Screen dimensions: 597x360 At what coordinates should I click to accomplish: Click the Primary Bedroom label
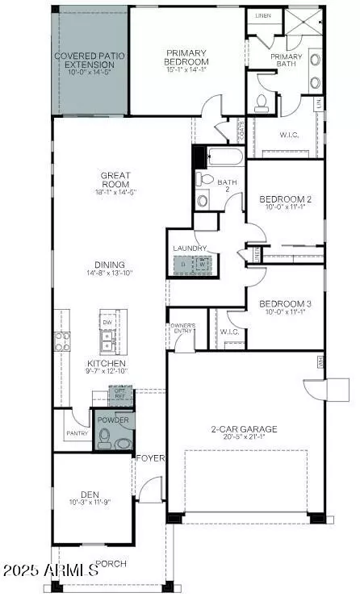point(186,56)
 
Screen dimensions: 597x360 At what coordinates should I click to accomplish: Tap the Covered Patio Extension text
point(90,61)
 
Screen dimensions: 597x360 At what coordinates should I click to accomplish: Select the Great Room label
point(116,180)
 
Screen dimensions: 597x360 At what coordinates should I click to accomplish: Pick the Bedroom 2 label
point(285,199)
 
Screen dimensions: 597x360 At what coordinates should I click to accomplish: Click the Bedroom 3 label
point(285,303)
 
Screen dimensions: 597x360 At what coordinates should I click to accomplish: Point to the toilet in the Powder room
point(104,438)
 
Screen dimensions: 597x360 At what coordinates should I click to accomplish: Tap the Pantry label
point(77,434)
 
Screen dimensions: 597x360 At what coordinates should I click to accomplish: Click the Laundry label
point(190,248)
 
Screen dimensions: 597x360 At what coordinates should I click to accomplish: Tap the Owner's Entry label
point(182,328)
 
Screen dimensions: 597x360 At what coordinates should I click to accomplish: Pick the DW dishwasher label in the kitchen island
point(108,321)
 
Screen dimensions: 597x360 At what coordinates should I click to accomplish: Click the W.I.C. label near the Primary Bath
point(288,135)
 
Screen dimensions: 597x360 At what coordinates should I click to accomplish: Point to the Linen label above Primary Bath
point(262,15)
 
